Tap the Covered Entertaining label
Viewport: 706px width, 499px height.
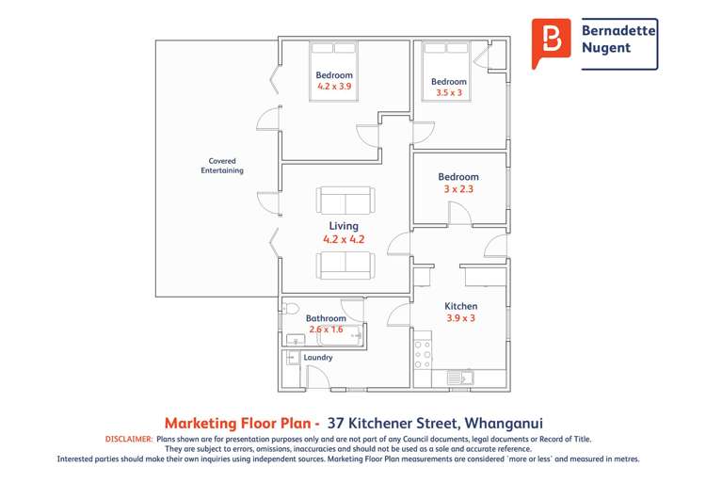[222, 166]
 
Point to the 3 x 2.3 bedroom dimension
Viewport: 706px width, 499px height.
[458, 189]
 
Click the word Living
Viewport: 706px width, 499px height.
[344, 226]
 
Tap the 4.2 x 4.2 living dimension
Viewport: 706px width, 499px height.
[344, 240]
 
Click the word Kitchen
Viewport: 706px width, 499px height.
[461, 306]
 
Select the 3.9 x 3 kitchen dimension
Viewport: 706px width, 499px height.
[461, 318]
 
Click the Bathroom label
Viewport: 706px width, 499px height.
[326, 318]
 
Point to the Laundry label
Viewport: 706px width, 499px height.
[317, 358]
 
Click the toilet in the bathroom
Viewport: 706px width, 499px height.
[290, 309]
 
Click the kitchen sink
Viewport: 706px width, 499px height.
[461, 378]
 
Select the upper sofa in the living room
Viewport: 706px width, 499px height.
[345, 201]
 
